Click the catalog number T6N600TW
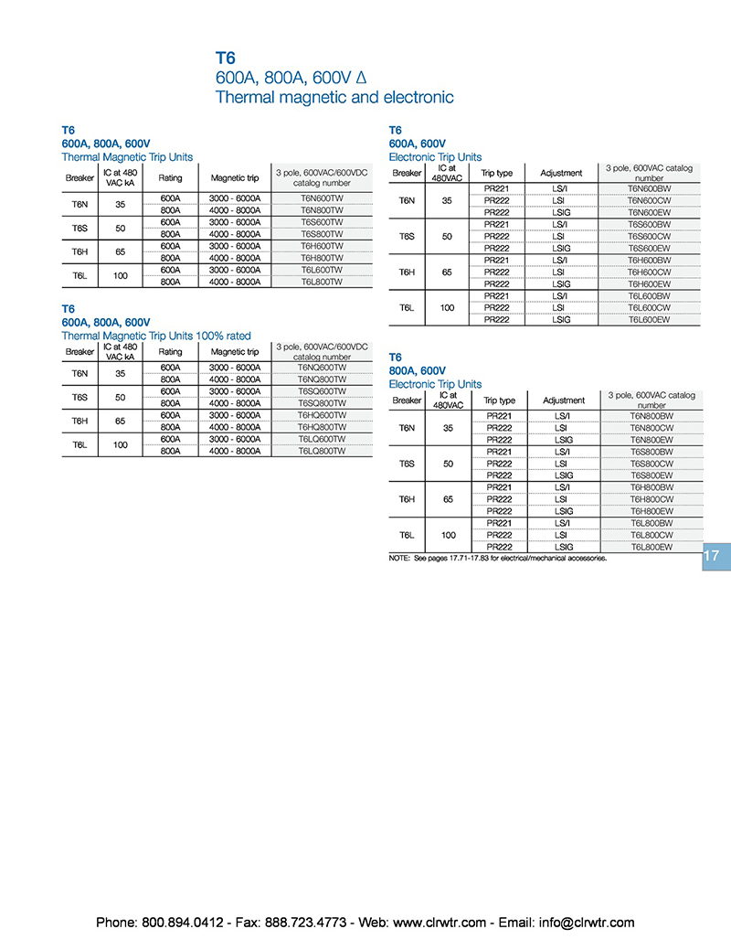pos(322,198)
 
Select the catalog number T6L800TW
pos(322,283)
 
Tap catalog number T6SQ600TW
pos(322,391)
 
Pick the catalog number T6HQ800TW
pos(322,427)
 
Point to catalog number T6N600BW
pos(650,188)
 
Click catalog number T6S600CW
pos(650,236)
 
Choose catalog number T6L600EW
pos(650,320)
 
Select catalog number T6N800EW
pos(652,440)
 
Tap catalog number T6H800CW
pos(652,499)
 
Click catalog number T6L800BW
pos(652,523)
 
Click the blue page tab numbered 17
pos(713,556)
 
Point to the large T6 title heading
pos(226,58)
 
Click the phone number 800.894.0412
pos(182,923)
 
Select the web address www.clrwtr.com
pos(440,923)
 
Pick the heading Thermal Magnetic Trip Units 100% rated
pos(155,336)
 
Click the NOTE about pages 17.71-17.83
pos(498,557)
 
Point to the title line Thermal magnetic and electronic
pos(334,97)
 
